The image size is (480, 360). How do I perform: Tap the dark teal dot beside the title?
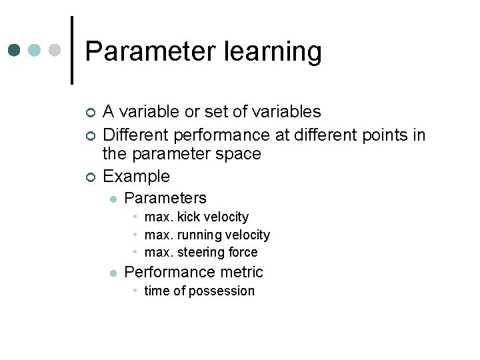(14, 51)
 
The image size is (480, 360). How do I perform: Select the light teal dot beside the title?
(35, 51)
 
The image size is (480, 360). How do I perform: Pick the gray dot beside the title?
(55, 51)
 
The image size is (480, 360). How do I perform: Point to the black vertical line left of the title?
(71, 50)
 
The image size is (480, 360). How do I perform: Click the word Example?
(137, 177)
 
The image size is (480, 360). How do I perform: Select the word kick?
(191, 217)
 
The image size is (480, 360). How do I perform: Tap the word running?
(199, 235)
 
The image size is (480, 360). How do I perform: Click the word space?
(243, 154)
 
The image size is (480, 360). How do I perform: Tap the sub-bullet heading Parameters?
(165, 198)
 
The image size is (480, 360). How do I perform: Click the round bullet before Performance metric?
(113, 273)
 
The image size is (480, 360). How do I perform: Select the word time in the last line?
(157, 291)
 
